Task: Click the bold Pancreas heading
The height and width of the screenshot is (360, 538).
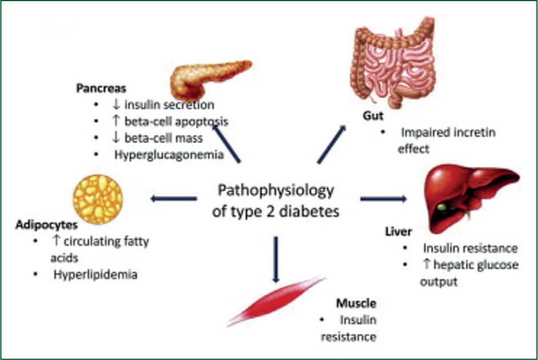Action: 101,88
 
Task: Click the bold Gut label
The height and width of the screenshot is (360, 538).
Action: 373,115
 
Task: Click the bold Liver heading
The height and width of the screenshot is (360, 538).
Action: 398,231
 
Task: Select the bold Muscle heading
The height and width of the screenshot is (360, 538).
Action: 356,303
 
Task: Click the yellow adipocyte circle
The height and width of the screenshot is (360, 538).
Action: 98,199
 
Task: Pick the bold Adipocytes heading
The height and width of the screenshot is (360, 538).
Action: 47,225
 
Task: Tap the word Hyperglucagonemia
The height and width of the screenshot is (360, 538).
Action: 169,155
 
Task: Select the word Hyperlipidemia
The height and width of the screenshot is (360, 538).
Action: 95,274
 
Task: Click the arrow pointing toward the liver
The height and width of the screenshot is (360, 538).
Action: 383,198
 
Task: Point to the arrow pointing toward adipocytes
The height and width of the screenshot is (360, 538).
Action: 174,198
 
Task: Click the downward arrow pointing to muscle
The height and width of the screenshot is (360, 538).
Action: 276,259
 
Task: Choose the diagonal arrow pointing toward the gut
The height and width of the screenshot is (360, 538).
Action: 331,144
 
